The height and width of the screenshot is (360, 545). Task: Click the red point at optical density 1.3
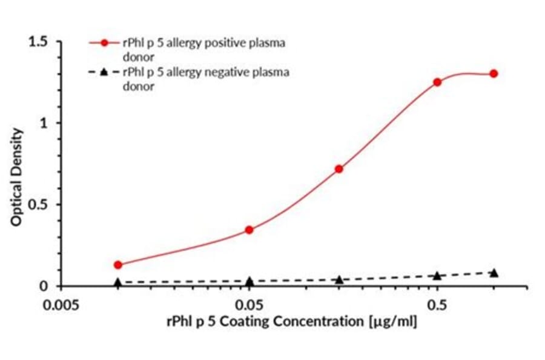[494, 73]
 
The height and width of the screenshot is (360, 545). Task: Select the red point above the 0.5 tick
[437, 82]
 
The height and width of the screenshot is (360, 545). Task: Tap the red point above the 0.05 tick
[249, 230]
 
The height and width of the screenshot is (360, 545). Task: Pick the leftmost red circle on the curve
[118, 265]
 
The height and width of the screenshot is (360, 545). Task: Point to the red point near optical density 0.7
[339, 168]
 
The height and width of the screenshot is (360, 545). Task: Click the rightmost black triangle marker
[494, 273]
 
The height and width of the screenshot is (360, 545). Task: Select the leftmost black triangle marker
[118, 282]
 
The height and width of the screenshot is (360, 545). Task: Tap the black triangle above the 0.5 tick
[437, 276]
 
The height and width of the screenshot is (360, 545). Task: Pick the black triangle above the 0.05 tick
[249, 281]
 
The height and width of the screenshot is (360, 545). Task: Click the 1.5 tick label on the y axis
[39, 42]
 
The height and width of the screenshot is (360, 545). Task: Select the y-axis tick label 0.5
[39, 204]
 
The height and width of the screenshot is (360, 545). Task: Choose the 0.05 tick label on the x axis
[249, 304]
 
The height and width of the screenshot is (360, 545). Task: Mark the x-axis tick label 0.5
[437, 304]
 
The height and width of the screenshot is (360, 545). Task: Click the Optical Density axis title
[16, 177]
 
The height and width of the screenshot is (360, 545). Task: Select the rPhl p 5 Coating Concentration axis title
[291, 321]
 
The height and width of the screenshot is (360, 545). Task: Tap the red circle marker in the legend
[105, 43]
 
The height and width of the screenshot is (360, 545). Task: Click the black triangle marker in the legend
[104, 73]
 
